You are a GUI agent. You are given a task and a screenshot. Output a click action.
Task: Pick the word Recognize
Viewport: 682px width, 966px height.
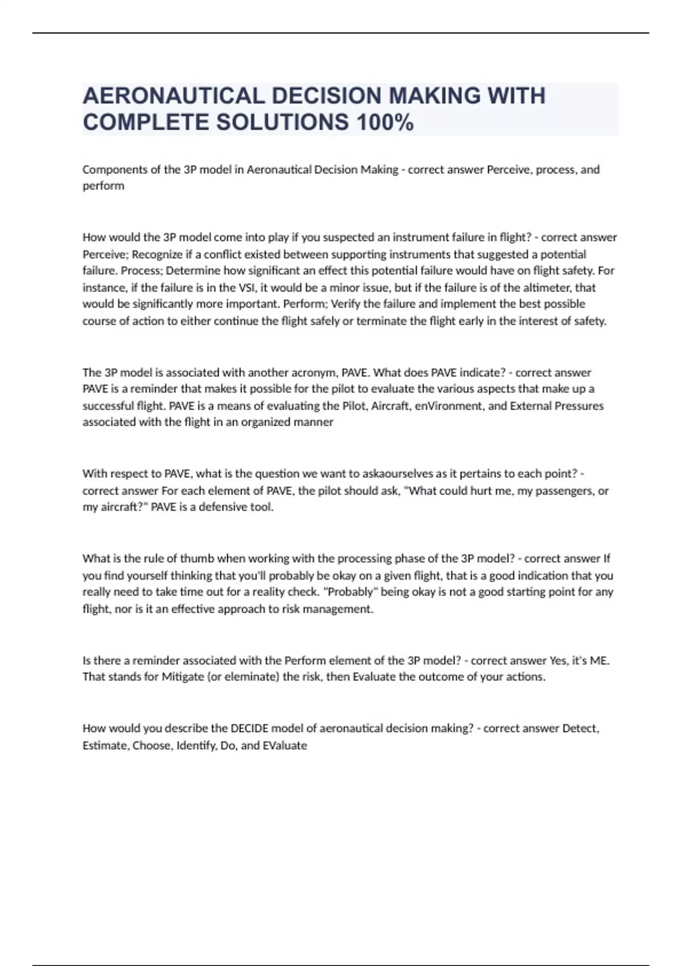(157, 254)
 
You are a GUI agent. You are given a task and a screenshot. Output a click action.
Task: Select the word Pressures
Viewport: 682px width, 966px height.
(579, 406)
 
